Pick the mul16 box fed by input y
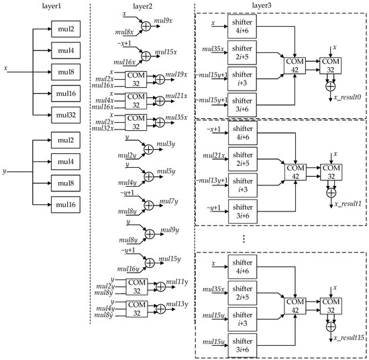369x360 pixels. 66,204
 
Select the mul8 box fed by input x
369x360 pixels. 66,70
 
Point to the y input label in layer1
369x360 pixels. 5,171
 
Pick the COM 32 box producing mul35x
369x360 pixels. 136,125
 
